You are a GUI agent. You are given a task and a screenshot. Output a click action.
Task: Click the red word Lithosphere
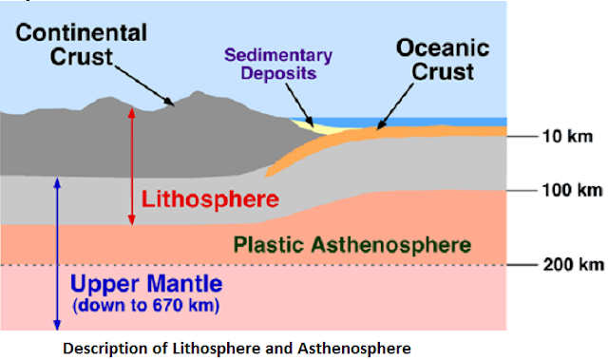[x=210, y=199]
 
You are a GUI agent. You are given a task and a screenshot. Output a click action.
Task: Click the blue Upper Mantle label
[x=147, y=284]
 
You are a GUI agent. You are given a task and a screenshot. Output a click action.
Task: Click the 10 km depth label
[x=565, y=137]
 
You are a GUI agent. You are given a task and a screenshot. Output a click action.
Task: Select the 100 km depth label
[x=570, y=190]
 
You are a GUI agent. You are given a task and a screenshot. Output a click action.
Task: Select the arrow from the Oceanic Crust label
[x=400, y=104]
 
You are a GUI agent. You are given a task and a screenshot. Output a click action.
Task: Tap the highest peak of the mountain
[x=199, y=92]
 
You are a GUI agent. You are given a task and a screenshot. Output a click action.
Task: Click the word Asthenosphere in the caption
[x=355, y=349]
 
